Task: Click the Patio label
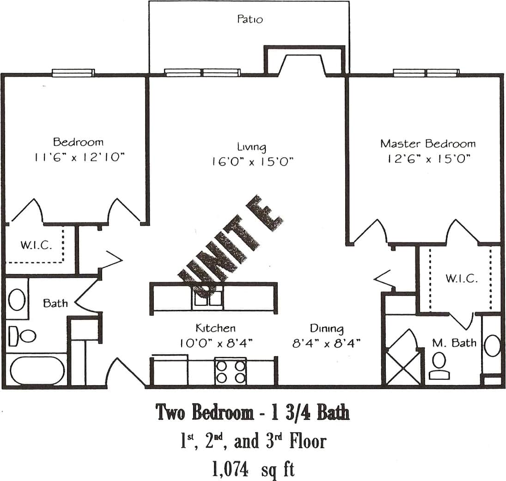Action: point(250,19)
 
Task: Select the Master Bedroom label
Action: point(427,143)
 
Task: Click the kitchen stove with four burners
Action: point(231,371)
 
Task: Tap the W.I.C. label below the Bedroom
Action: point(36,245)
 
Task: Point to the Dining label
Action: point(326,328)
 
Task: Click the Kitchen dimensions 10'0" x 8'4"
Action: point(216,343)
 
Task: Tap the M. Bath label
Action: point(454,343)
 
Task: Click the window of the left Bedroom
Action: point(73,73)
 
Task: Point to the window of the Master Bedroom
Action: point(426,73)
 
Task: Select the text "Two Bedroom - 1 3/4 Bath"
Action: point(253,412)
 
